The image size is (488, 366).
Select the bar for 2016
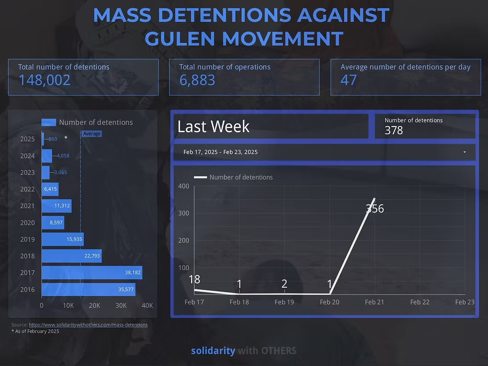point(88,289)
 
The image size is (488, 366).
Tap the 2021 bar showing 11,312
point(56,206)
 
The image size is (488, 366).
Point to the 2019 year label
point(27,239)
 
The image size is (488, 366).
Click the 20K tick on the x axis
point(95,305)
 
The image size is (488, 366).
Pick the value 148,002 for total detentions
point(44,80)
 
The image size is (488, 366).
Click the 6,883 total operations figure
point(197,80)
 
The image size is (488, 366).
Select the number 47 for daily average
point(349,80)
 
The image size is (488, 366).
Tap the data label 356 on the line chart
point(375,209)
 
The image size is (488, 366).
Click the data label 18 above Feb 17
point(194,279)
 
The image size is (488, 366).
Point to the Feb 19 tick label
point(284,302)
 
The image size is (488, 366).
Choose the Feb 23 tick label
point(465,302)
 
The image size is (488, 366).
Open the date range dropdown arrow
point(465,152)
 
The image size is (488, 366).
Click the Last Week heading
point(213,127)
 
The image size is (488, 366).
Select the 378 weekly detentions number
point(393,130)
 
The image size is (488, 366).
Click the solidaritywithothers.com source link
point(88,325)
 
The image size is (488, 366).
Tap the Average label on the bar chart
point(91,134)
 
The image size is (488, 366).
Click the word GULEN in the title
point(180,39)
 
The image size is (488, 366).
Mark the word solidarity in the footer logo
point(213,351)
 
